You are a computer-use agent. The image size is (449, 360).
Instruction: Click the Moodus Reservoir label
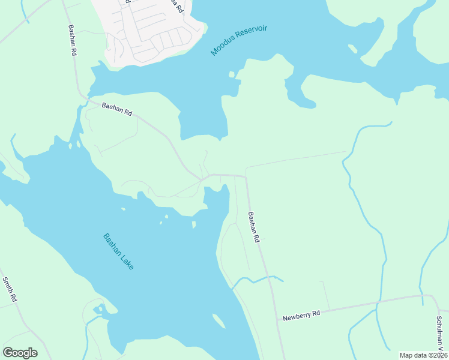click(x=238, y=41)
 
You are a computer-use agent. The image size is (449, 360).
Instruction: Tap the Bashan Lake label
click(x=118, y=251)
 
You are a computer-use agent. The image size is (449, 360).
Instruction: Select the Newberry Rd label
click(x=302, y=314)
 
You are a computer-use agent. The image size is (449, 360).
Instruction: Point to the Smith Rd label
click(x=9, y=289)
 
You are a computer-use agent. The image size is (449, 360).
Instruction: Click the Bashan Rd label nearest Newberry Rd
click(x=254, y=227)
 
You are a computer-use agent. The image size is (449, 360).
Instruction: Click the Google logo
click(x=20, y=352)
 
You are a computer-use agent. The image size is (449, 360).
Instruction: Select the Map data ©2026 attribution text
click(x=423, y=355)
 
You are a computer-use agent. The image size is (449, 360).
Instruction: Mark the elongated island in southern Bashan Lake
click(x=218, y=322)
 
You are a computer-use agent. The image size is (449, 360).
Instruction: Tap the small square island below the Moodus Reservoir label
click(x=231, y=74)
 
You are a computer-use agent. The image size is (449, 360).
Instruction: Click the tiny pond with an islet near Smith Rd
click(x=98, y=310)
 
